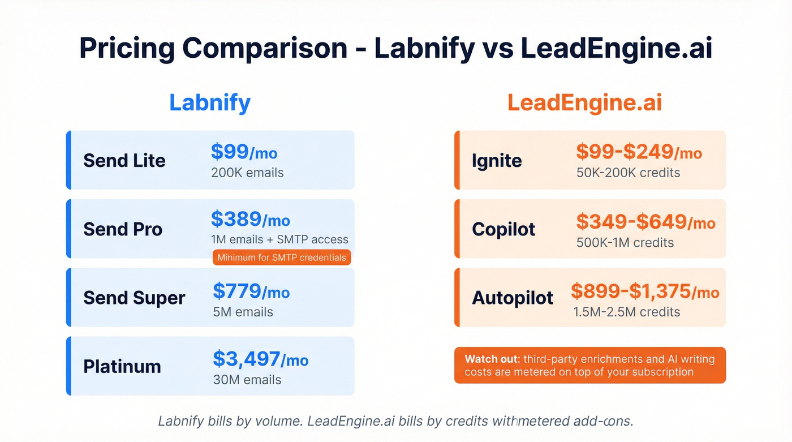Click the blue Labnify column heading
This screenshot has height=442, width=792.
click(x=210, y=102)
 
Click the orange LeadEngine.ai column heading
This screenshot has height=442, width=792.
click(x=584, y=102)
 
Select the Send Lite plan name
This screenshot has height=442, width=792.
click(x=124, y=160)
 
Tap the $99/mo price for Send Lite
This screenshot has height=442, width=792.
click(x=244, y=152)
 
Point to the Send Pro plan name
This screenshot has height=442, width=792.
click(x=123, y=229)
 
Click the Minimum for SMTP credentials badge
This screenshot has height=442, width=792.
click(x=282, y=258)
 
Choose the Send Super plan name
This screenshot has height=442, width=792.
click(x=134, y=298)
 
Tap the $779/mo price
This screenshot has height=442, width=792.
click(x=251, y=291)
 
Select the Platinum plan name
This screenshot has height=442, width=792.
click(x=122, y=366)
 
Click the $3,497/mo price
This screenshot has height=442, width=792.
click(x=260, y=359)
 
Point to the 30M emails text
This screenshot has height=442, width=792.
click(x=247, y=380)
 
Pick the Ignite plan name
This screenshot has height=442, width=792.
click(x=497, y=160)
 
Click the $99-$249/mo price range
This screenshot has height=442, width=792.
click(x=639, y=152)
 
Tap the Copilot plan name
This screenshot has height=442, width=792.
click(x=503, y=229)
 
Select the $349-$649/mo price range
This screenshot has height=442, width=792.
click(x=645, y=222)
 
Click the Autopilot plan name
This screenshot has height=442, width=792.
click(x=513, y=298)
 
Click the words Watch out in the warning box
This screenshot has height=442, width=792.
click(x=490, y=359)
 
